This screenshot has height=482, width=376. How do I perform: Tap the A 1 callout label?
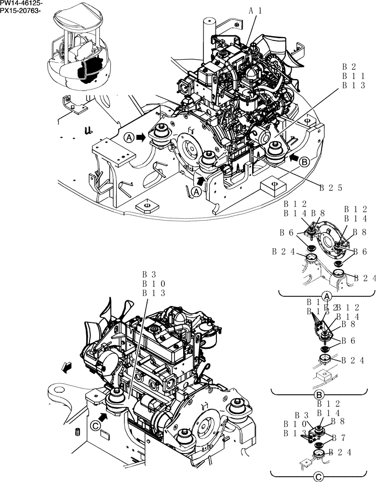coord(255,10)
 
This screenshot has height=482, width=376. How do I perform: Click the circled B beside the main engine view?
coord(304,162)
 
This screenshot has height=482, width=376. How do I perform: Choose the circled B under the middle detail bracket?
coord(319,395)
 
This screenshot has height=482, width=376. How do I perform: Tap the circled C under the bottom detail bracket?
coord(318,474)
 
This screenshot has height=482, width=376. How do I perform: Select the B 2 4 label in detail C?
coord(340,452)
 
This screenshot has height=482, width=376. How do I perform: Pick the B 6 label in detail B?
coord(349,341)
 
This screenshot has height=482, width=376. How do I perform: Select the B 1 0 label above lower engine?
coord(154,284)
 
